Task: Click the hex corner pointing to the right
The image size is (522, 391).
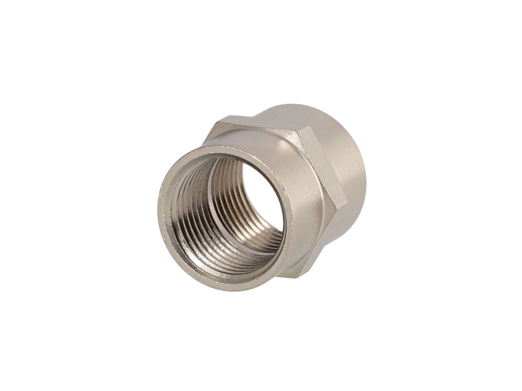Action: point(346,203)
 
